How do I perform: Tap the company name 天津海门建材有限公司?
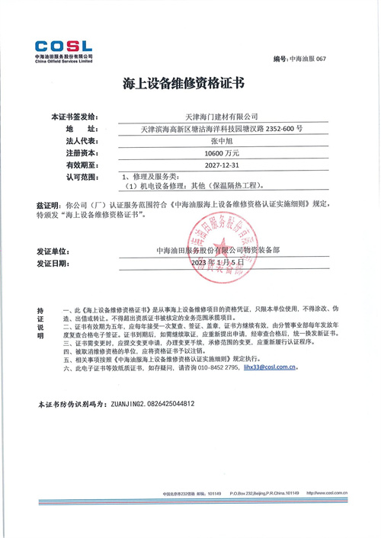[211, 116]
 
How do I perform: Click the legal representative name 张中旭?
[211, 142]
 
